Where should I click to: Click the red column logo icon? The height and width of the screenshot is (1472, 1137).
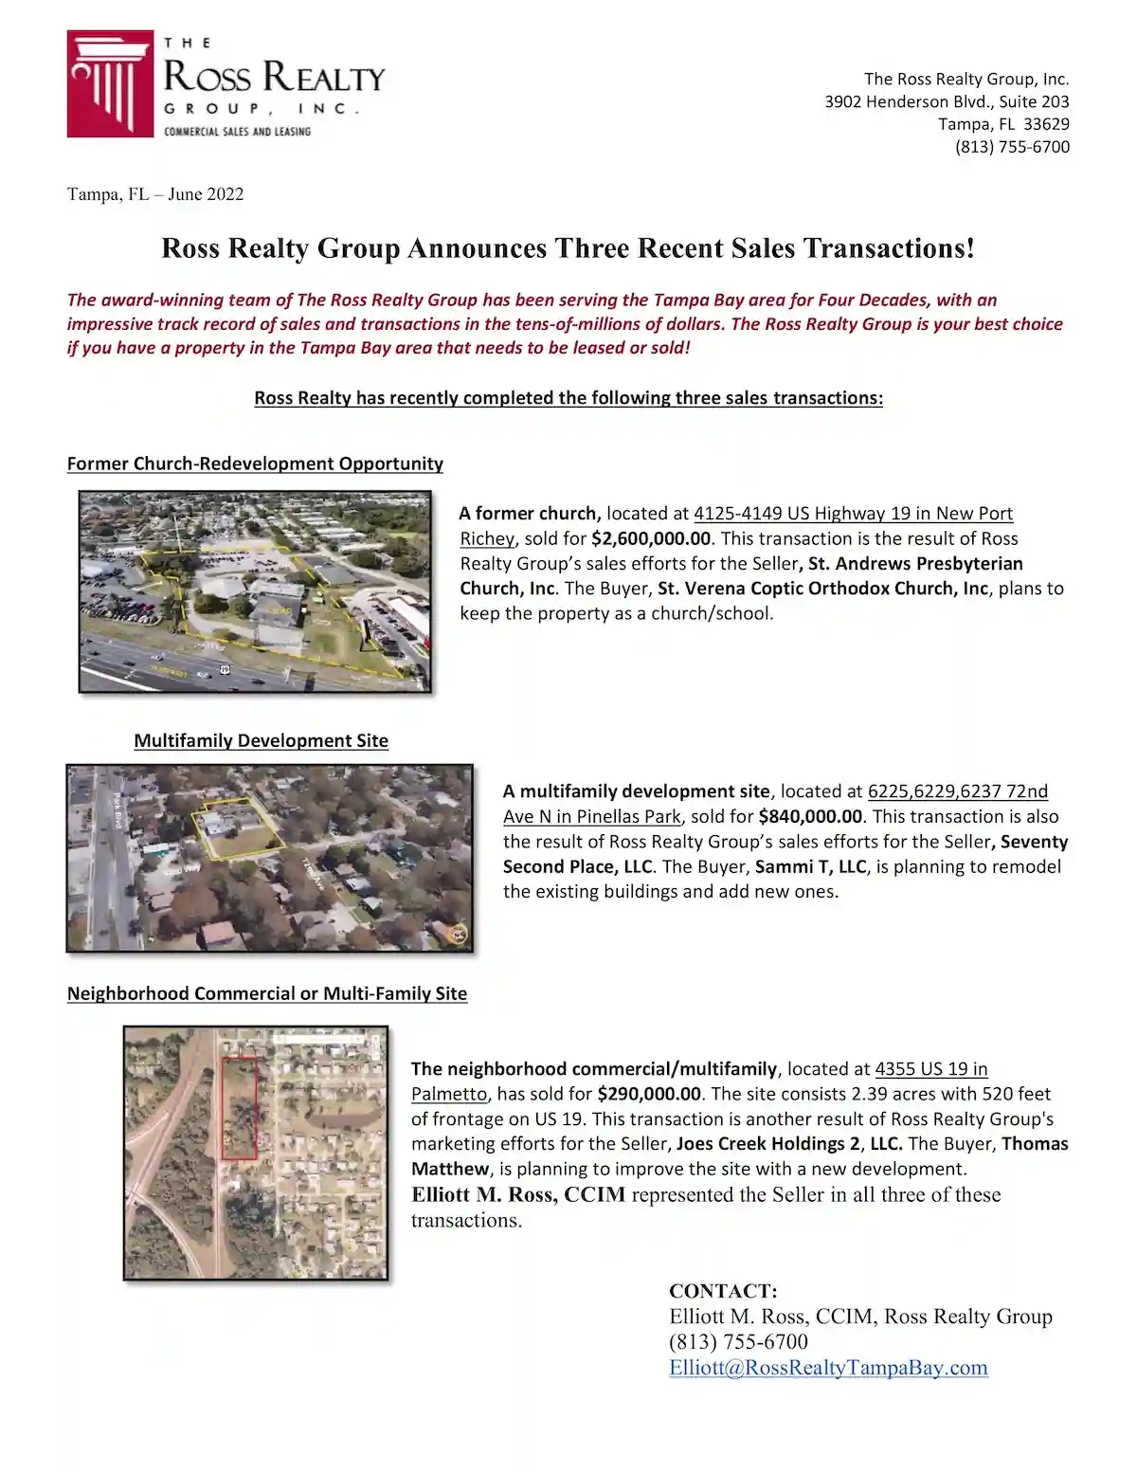(x=110, y=83)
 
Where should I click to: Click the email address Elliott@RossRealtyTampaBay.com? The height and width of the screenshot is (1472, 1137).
(x=828, y=1368)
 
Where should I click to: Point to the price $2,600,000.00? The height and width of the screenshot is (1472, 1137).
(x=651, y=538)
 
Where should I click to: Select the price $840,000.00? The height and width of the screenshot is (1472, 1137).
(x=810, y=816)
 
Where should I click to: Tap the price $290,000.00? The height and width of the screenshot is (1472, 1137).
(x=649, y=1094)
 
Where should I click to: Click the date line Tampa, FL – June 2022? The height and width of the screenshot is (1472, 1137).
(x=155, y=194)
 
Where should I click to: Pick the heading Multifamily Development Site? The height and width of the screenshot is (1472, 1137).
(x=261, y=740)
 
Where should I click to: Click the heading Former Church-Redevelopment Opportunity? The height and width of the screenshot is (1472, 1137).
(x=255, y=463)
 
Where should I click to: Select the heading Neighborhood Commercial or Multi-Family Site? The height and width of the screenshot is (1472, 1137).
(x=267, y=993)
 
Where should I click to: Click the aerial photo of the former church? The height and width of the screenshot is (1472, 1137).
(x=255, y=591)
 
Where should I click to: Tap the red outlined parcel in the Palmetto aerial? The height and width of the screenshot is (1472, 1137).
(x=239, y=1108)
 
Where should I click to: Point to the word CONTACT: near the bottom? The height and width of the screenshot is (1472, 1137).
(x=723, y=1291)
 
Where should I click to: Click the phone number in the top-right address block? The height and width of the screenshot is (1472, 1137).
(x=1012, y=147)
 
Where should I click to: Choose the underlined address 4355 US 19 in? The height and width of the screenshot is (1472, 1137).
(x=930, y=1069)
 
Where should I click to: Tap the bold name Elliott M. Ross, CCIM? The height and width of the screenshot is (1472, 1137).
(x=518, y=1194)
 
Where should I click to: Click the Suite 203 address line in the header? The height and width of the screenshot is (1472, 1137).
(x=947, y=101)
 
